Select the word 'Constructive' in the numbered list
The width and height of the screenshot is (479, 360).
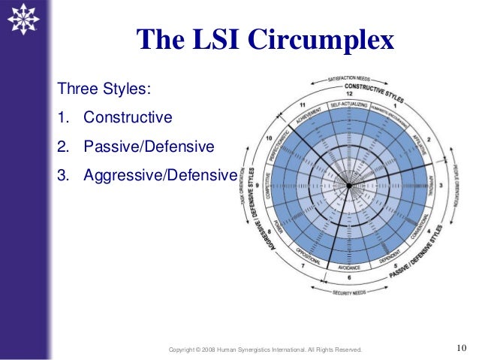128,118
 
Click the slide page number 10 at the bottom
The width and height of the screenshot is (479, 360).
462,347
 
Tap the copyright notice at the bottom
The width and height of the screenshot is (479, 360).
265,349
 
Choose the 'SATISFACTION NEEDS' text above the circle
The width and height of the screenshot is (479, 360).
349,77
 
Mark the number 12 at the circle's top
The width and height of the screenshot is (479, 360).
349,93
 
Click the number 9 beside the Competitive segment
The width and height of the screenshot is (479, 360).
258,185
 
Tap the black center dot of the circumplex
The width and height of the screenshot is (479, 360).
348,185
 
